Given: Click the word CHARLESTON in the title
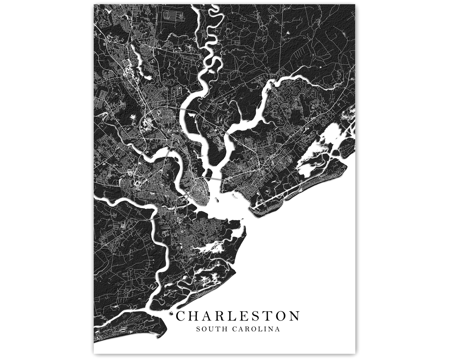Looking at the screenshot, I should [x=238, y=316].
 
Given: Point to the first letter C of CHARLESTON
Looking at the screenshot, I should [x=181, y=316].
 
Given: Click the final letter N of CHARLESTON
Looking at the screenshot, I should [x=294, y=316].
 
